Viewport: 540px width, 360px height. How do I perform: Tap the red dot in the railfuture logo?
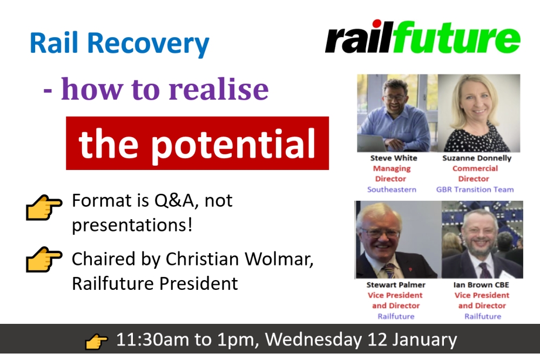pos(377,23)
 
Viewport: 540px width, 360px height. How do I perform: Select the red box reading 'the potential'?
pos(197,143)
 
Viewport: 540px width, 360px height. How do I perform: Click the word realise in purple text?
pos(219,89)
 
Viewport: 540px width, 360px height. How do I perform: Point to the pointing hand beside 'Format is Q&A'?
pos(44,207)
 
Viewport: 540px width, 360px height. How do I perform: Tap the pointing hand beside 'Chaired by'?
pos(44,259)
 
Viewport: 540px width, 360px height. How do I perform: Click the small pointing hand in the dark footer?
pos(96,342)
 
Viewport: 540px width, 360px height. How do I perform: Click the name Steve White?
pos(394,158)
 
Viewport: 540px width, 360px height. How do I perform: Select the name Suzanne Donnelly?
pos(477,158)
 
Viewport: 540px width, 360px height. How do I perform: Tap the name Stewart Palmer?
pos(396,285)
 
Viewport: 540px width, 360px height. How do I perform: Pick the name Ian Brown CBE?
pos(481,285)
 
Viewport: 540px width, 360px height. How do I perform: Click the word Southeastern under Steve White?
pos(391,189)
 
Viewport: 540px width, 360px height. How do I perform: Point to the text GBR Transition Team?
pos(475,189)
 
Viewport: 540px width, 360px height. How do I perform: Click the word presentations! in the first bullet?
pos(132,226)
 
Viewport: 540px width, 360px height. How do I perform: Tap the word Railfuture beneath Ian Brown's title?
pos(483,316)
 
